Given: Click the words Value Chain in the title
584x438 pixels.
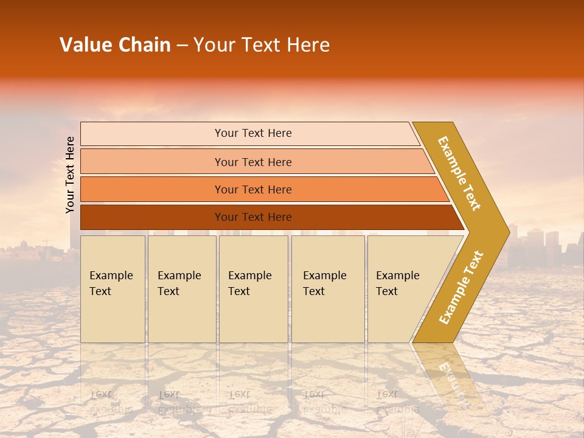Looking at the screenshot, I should pos(115,45).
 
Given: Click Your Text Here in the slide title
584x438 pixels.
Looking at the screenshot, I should pos(262,45).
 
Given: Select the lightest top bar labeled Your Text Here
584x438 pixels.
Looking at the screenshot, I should pos(252,133).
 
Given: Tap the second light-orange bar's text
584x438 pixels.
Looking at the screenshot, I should pos(252,162).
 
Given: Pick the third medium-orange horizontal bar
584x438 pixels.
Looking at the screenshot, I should pos(252,189).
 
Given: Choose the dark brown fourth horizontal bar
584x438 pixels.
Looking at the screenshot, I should pos(252,217).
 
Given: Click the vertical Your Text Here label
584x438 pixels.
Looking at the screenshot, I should pos(70,175).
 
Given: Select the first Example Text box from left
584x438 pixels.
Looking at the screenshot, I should pos(112,288).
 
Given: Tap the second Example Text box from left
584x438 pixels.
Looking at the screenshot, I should pos(181,288).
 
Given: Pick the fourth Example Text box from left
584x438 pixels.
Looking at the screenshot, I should pos(327,288).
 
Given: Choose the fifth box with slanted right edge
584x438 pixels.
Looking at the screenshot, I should pos(401,288).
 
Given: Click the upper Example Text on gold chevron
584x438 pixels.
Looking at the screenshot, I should pos(459,173).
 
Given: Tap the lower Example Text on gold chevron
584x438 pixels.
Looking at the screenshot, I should pos(461,288).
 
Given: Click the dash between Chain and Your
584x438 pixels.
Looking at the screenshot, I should pos(182,46).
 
